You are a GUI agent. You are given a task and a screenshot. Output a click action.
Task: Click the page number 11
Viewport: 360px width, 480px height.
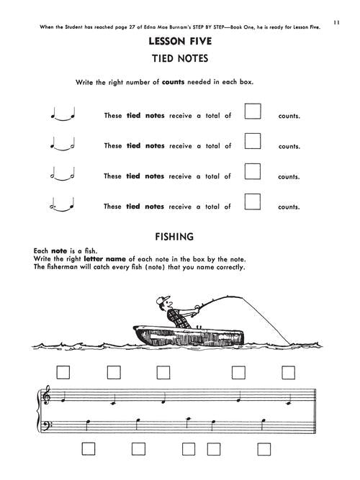coord(336,22)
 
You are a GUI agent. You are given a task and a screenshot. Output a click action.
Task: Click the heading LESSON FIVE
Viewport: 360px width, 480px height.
coord(180,41)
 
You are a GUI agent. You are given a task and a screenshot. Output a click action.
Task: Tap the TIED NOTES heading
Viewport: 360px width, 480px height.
coord(180,58)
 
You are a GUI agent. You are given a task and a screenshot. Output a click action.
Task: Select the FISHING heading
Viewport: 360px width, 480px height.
coord(174,237)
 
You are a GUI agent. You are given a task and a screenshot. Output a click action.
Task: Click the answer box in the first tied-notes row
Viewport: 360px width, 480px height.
coord(253,111)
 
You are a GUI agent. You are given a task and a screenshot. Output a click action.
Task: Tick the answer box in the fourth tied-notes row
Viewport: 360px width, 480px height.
coord(253,201)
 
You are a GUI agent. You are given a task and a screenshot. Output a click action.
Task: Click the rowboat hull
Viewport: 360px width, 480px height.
coord(189,335)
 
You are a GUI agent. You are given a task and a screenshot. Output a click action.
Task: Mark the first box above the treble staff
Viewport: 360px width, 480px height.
coord(63,373)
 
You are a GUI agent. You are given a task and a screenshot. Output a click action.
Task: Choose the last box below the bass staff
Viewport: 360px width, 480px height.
coord(264,449)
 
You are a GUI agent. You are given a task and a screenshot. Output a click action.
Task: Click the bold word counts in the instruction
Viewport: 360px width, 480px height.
coord(173,82)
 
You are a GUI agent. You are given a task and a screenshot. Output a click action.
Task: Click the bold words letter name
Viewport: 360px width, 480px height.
coord(105,259)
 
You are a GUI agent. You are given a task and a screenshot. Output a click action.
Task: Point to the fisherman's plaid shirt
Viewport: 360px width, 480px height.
coord(177,318)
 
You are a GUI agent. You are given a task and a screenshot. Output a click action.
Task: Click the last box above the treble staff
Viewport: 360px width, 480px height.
coord(288,373)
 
